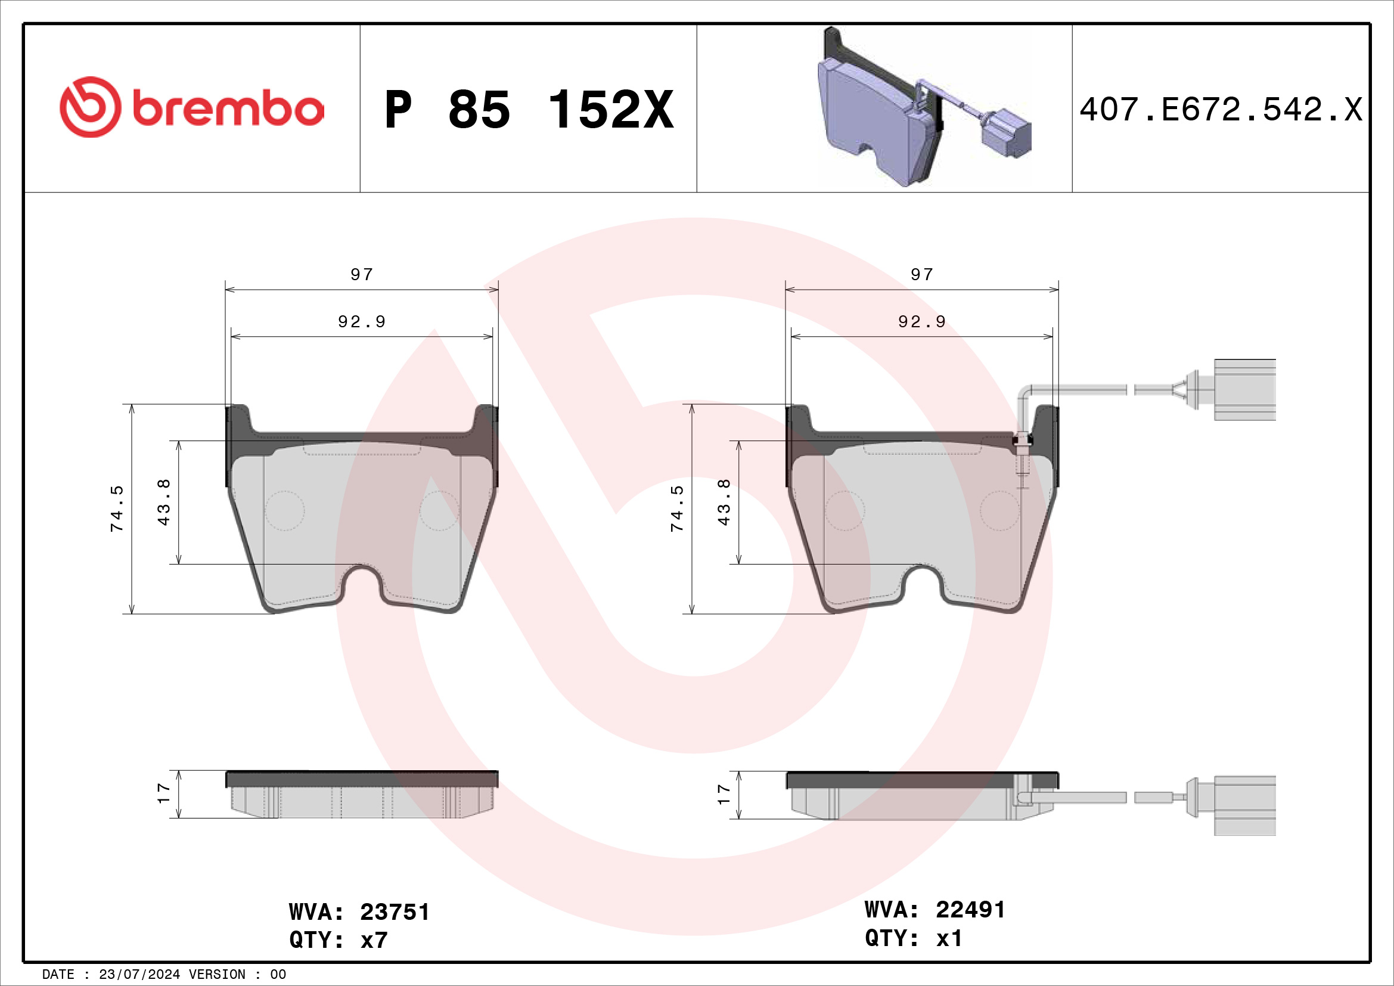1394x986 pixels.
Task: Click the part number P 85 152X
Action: click(529, 110)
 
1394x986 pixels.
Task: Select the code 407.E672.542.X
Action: click(1221, 110)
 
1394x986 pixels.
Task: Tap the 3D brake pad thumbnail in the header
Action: click(924, 107)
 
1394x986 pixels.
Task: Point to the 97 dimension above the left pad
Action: click(362, 274)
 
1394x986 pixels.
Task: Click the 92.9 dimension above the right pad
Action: click(921, 321)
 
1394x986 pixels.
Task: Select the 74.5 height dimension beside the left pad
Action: click(117, 508)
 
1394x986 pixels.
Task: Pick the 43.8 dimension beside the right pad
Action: click(724, 503)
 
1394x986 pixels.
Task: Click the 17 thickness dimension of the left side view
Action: click(163, 793)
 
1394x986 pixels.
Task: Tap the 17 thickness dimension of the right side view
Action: click(724, 794)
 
